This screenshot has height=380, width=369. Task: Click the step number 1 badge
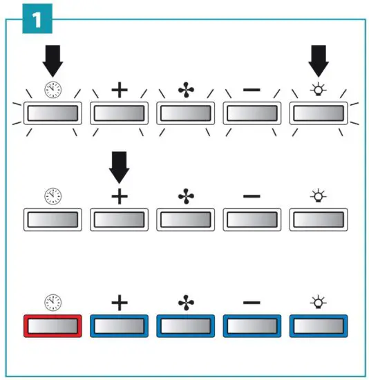pos(35,20)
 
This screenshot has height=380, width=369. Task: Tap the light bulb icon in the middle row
pos(319,197)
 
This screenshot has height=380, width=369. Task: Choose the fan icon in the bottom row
pos(186,303)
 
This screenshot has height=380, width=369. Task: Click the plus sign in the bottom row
pos(120,303)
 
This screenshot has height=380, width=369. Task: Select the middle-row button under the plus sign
pos(120,220)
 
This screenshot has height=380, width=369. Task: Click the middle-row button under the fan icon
pos(186,220)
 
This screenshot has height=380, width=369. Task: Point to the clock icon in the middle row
pos(53,197)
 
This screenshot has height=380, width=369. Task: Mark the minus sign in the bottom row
pos(252,303)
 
